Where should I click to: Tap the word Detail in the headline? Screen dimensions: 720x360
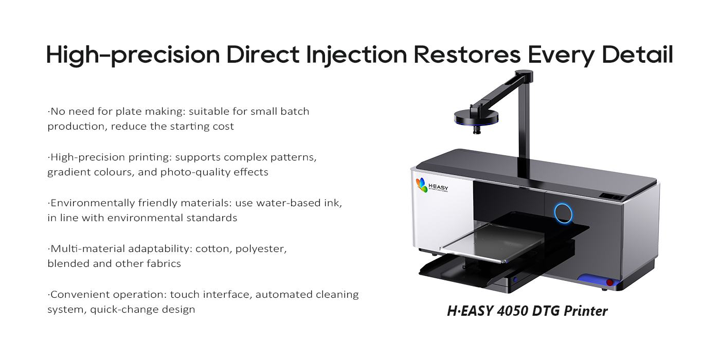pyautogui.click(x=637, y=54)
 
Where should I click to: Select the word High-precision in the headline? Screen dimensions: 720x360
pyautogui.click(x=133, y=56)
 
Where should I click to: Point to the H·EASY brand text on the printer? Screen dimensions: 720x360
pyautogui.click(x=438, y=187)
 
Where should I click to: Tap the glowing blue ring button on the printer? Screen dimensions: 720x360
pyautogui.click(x=563, y=213)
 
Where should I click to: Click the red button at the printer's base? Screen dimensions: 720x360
pyautogui.click(x=609, y=282)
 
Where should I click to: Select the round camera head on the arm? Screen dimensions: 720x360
pyautogui.click(x=476, y=117)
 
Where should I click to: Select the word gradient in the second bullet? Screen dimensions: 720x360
pyautogui.click(x=68, y=172)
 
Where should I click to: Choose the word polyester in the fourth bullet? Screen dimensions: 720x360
pyautogui.click(x=261, y=249)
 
